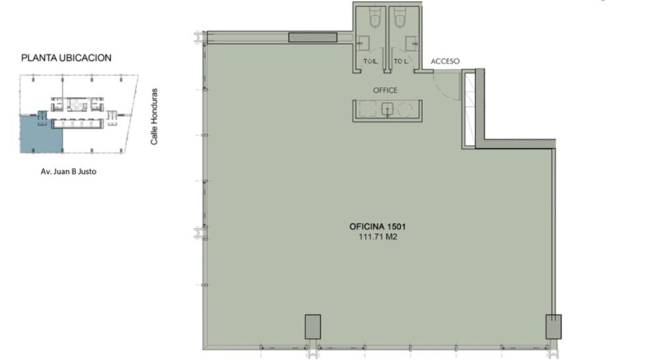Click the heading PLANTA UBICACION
tap(66, 58)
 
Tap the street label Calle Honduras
tap(154, 116)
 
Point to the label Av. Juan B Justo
tap(69, 171)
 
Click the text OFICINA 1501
tap(378, 227)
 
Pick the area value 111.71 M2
tap(378, 237)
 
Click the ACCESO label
tap(445, 61)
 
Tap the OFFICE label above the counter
tap(385, 90)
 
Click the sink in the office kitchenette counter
tap(387, 110)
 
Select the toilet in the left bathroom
tap(375, 17)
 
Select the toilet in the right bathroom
tap(400, 17)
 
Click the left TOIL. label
tap(371, 61)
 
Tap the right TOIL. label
tap(401, 61)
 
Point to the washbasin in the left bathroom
tap(363, 42)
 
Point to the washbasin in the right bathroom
tap(412, 42)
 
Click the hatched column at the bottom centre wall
tap(313, 327)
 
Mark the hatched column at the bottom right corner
tap(554, 327)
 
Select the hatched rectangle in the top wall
tap(313, 37)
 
